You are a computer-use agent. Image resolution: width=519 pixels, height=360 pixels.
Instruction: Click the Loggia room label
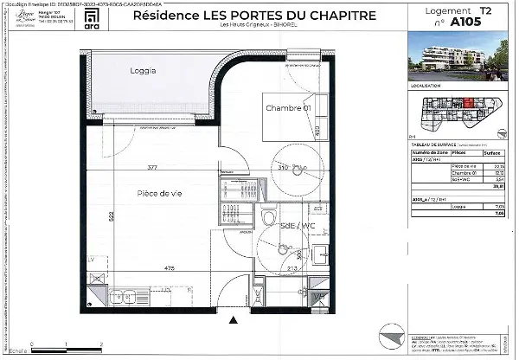(142, 70)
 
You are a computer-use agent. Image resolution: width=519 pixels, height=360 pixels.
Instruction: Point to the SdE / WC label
(297, 226)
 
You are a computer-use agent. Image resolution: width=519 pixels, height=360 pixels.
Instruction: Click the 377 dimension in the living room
(153, 168)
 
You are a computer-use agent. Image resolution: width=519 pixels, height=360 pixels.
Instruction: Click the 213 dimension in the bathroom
(293, 269)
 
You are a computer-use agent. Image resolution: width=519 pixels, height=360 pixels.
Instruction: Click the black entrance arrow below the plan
(231, 320)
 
